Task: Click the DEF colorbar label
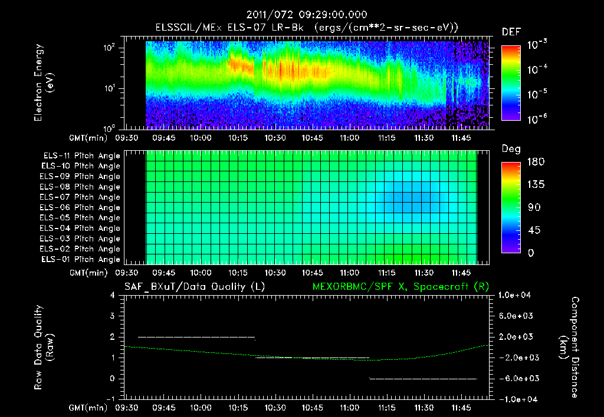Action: point(511,32)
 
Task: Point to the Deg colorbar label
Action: point(511,150)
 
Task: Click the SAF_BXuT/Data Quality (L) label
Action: point(193,287)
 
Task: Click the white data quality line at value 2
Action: point(196,337)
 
